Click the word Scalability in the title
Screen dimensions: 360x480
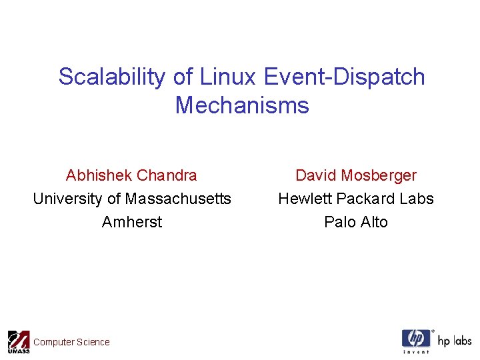coord(112,77)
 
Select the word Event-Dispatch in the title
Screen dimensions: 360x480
coord(344,77)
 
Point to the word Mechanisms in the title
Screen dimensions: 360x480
coord(242,105)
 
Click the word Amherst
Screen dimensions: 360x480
coord(132,222)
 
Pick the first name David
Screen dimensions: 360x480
coord(315,176)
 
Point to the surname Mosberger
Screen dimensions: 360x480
coord(377,176)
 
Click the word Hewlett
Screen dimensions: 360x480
coord(305,199)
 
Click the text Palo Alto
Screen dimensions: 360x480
coord(355,222)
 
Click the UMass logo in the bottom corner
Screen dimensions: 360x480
coord(18,341)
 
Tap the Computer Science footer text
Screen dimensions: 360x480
coord(71,342)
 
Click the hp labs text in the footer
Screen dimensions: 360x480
coord(454,341)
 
